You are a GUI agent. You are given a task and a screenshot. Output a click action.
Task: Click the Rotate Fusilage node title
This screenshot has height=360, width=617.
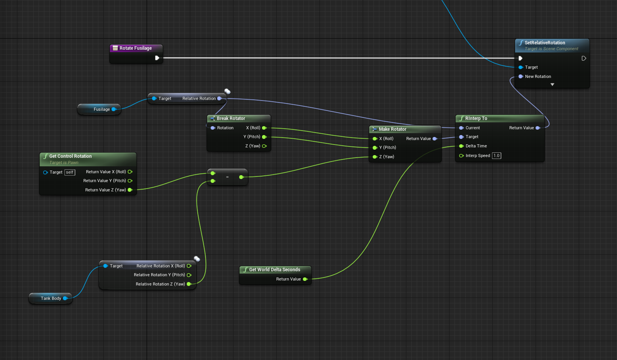click(x=135, y=48)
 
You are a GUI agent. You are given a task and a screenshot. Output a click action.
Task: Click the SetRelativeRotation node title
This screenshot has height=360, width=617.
click(x=544, y=43)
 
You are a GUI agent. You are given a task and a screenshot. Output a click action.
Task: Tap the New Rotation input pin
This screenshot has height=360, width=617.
click(x=521, y=76)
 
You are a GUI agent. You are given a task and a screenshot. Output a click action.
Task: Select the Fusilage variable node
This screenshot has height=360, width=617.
click(x=101, y=109)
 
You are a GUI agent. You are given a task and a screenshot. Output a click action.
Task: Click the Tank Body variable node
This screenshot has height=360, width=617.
click(x=51, y=298)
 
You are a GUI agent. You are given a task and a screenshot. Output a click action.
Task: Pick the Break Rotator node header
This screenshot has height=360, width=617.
click(x=231, y=118)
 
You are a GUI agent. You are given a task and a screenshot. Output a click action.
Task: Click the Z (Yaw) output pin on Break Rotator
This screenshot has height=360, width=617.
click(x=264, y=146)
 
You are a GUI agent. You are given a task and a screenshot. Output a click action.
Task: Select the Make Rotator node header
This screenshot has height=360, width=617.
click(x=392, y=129)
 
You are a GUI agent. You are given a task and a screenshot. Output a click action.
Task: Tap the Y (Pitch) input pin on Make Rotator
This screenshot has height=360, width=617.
click(x=375, y=147)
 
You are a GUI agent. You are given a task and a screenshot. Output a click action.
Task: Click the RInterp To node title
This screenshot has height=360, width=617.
click(x=476, y=118)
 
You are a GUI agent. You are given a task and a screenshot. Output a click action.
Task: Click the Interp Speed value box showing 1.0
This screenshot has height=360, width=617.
click(x=497, y=155)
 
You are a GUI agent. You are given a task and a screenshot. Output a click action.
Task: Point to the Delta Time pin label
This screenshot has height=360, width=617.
click(x=476, y=146)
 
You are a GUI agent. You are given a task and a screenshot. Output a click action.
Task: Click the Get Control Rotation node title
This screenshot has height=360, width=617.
click(x=71, y=156)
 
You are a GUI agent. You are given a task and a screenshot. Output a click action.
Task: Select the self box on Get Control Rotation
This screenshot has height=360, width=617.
click(x=70, y=172)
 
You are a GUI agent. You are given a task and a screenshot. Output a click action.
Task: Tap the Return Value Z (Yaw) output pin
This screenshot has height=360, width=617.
click(x=130, y=190)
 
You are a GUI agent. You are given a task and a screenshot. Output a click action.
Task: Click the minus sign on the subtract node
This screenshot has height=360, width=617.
click(x=227, y=177)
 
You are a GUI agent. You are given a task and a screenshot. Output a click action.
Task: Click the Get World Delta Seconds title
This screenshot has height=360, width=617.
click(x=274, y=270)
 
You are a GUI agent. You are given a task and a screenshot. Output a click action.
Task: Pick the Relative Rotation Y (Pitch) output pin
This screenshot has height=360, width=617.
click(x=189, y=275)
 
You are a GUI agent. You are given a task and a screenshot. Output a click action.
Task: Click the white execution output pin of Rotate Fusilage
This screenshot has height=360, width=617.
click(x=157, y=58)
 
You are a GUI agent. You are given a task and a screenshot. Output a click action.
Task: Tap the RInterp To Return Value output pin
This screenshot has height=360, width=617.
click(x=538, y=128)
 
